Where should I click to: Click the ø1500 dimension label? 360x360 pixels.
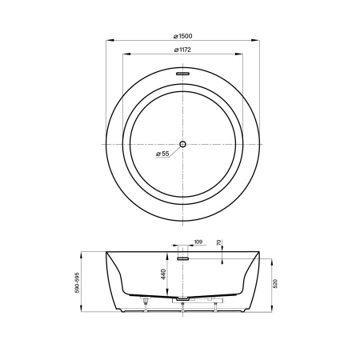tap(182, 36)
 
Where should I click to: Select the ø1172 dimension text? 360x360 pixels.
tap(182, 50)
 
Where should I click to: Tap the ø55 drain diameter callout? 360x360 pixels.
tap(162, 154)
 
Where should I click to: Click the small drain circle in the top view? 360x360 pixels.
tap(182, 144)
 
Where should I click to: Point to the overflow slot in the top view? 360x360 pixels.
tap(182, 74)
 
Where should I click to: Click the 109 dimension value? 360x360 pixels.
tap(198, 242)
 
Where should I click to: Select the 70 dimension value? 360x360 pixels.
tap(218, 242)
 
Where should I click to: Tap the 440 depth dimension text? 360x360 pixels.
tap(163, 274)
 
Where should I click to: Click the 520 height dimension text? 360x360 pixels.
tap(275, 283)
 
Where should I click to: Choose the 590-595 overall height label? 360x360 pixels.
tap(78, 282)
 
